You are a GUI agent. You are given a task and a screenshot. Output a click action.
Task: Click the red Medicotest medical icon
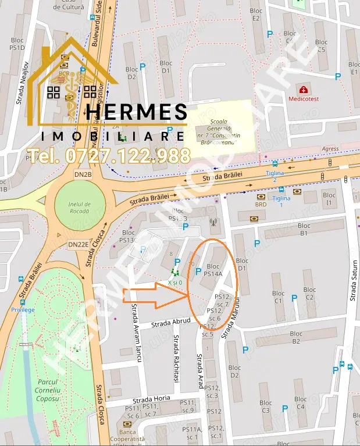click(x=303, y=90)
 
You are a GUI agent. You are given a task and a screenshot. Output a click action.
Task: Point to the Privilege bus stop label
click(x=23, y=309)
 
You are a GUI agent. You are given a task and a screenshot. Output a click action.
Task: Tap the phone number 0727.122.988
click(x=109, y=155)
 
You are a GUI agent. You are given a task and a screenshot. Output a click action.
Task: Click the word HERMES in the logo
click(x=137, y=113)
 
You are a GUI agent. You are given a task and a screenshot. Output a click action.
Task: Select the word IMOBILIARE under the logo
click(x=113, y=136)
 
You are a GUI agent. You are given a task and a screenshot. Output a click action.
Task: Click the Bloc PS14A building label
click(x=213, y=270)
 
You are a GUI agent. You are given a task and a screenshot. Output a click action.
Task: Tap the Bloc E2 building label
click(x=256, y=14)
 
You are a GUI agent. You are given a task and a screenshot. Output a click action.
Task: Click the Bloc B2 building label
click(x=296, y=337)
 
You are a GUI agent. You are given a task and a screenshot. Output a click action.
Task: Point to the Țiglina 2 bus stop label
click(x=275, y=176)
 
